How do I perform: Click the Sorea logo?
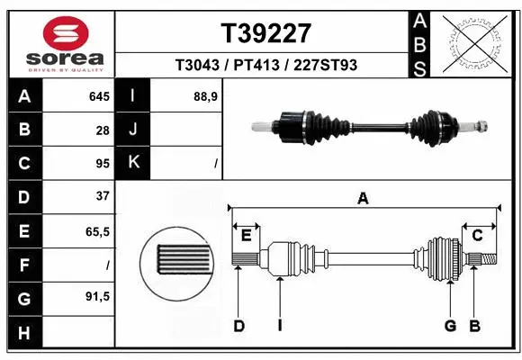click(x=66, y=43)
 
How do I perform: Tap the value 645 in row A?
click(x=98, y=96)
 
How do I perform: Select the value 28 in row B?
click(x=102, y=130)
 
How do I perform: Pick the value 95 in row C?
click(x=102, y=164)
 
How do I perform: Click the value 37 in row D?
click(x=102, y=196)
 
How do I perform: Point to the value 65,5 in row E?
click(x=97, y=231)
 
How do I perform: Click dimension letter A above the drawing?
click(x=363, y=198)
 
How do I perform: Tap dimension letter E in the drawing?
click(x=246, y=236)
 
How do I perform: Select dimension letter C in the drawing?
click(x=478, y=236)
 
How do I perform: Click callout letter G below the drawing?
click(x=449, y=326)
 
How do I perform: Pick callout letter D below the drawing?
click(x=238, y=326)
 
